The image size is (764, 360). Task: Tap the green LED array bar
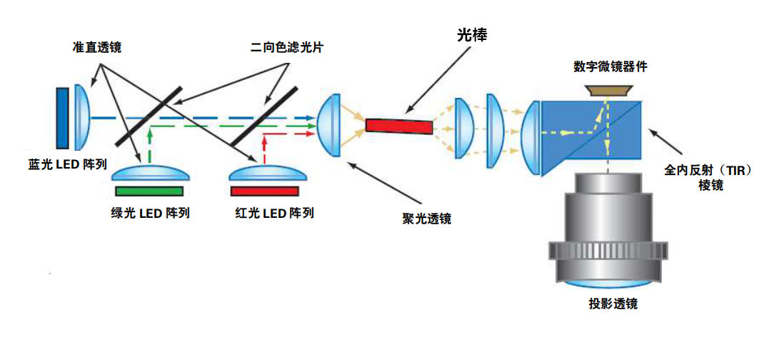coord(149,191)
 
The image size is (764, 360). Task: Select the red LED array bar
coord(264,191)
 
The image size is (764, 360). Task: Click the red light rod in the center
coord(399,126)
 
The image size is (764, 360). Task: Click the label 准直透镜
coord(97,47)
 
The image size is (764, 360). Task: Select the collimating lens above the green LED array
coord(151,174)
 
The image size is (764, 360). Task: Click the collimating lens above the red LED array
coord(265,174)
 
